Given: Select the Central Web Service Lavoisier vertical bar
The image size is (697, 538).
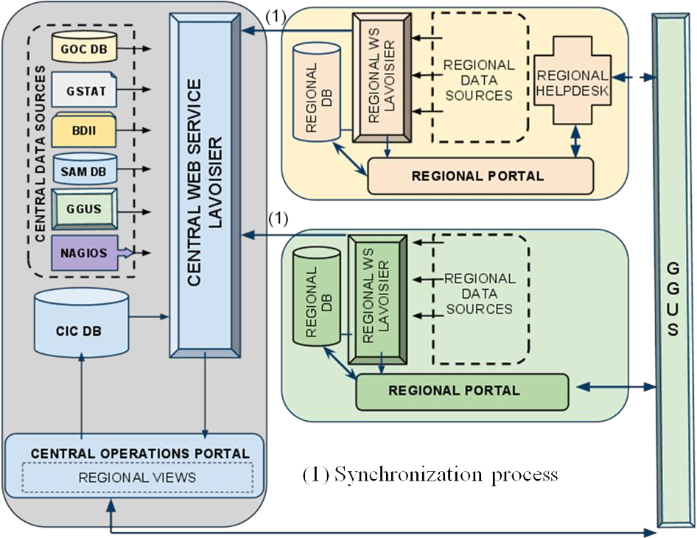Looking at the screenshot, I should [204, 185].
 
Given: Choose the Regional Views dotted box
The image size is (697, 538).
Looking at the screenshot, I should [137, 478].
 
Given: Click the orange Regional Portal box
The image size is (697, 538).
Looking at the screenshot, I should [479, 176].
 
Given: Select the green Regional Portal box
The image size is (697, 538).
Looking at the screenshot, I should [461, 391].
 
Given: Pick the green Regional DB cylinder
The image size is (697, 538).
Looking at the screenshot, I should [316, 296].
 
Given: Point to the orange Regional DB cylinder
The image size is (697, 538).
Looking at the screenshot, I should [316, 92].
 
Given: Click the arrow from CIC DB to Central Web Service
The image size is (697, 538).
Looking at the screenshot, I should [148, 317].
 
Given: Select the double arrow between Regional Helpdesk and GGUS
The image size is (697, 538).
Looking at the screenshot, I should [633, 77].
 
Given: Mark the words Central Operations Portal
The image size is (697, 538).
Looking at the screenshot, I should [140, 453].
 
